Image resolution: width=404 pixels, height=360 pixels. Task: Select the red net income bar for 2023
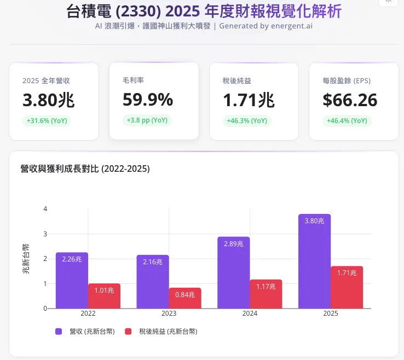click(185, 298)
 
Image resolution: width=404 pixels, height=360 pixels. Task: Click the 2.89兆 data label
click(233, 243)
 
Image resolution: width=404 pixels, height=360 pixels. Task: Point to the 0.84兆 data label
click(185, 295)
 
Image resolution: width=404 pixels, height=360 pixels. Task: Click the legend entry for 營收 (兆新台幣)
click(84, 331)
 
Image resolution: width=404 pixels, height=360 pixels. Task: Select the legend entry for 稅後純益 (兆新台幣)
click(161, 331)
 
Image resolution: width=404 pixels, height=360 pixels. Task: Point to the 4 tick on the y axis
click(45, 209)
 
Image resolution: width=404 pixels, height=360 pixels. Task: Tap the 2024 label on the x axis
click(250, 313)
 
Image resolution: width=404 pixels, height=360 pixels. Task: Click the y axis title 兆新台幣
click(26, 259)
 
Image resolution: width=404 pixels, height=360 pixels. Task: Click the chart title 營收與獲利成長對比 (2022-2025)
click(85, 169)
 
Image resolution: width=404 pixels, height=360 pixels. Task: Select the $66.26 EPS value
click(350, 100)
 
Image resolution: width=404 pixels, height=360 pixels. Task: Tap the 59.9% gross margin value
click(148, 100)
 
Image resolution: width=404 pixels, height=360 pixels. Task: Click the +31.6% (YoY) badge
click(47, 121)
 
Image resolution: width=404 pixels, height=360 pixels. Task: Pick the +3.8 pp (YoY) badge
click(147, 120)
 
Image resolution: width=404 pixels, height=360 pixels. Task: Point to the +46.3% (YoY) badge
click(247, 121)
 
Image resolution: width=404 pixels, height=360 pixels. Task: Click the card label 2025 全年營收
click(46, 80)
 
